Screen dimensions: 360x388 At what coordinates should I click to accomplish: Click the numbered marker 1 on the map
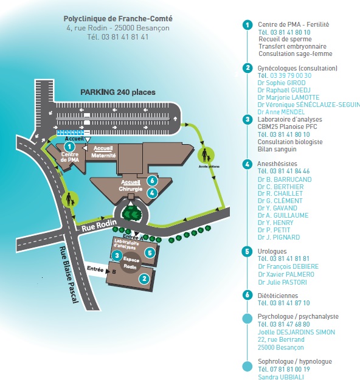69,147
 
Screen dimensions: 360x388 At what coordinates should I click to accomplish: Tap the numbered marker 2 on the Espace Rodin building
144,279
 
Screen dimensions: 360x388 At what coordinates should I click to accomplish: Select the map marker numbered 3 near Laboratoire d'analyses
117,255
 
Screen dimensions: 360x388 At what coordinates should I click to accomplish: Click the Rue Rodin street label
99,226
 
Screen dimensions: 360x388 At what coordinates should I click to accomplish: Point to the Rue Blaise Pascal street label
69,275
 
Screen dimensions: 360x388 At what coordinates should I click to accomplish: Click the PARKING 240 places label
118,92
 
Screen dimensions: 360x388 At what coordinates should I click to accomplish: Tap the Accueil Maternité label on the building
103,151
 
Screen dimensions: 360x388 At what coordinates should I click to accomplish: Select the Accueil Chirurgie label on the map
131,185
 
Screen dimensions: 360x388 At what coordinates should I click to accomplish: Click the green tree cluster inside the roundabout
131,213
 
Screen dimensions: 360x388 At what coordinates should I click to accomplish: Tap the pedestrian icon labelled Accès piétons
206,155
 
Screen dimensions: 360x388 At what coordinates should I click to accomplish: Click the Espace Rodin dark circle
130,263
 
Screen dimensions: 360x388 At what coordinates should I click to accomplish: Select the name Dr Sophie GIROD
282,83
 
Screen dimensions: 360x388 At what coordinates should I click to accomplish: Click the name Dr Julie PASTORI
282,282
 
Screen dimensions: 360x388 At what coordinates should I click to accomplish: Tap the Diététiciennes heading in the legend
278,296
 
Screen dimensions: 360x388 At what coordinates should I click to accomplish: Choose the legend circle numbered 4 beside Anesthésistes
247,164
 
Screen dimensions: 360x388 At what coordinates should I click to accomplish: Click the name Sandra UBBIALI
280,377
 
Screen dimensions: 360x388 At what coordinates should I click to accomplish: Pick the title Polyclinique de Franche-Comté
118,19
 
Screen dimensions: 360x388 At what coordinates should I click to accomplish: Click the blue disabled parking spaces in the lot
71,133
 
